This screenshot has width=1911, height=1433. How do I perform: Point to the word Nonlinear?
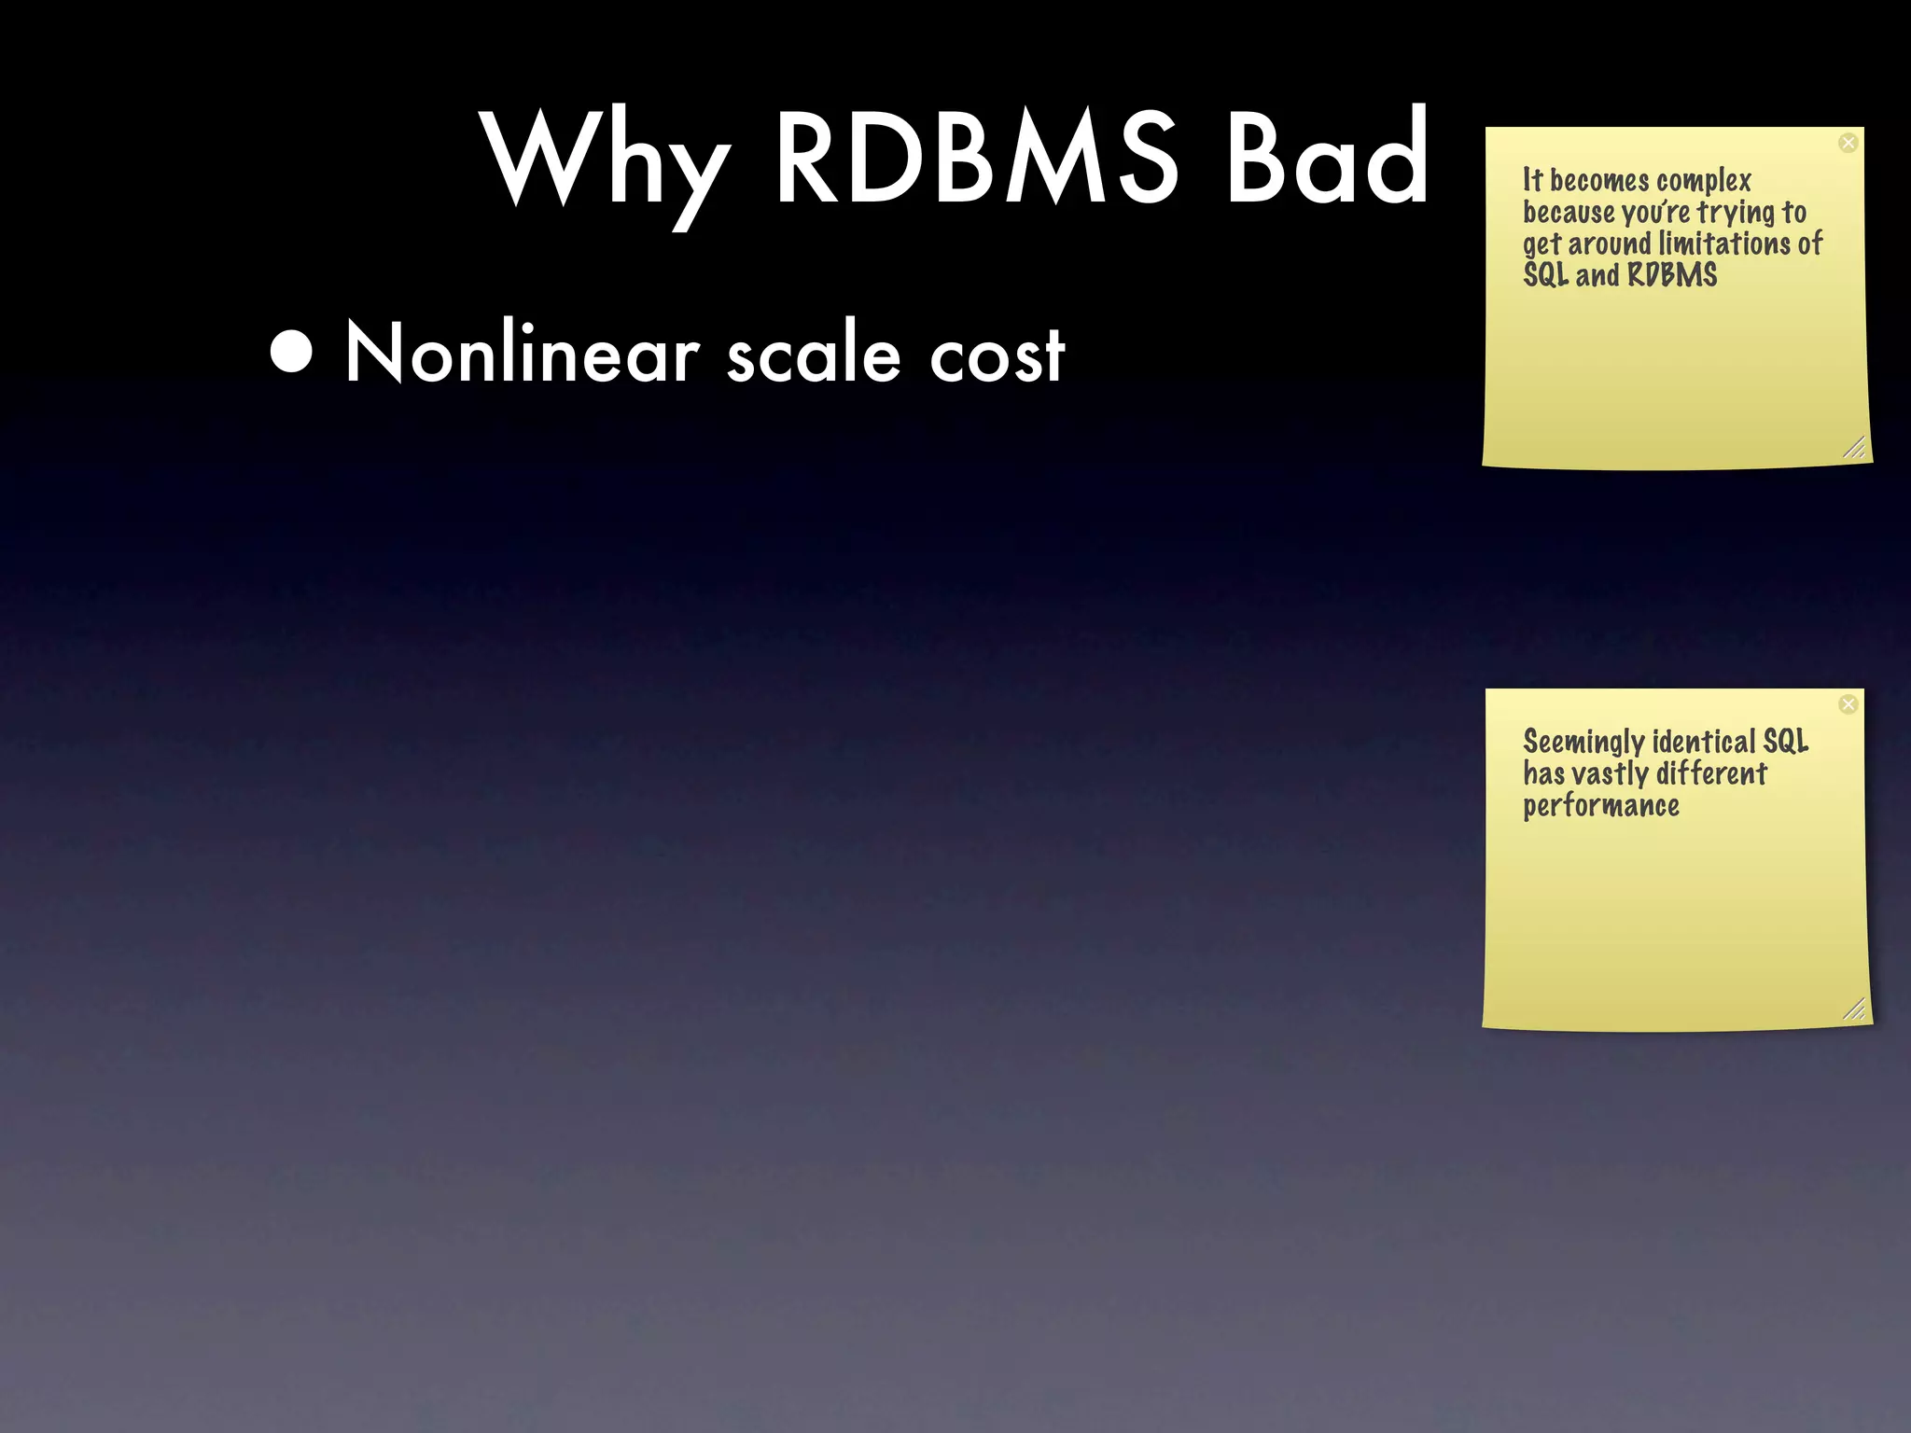(523, 354)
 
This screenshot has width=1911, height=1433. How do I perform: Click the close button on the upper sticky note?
(1848, 143)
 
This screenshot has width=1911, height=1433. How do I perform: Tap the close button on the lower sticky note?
(1848, 704)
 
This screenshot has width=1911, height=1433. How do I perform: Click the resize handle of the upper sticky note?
(1855, 448)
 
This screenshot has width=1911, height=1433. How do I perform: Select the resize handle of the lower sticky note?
(1855, 1009)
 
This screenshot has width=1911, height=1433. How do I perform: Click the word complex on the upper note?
(1704, 180)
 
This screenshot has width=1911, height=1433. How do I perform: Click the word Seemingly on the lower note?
(1583, 743)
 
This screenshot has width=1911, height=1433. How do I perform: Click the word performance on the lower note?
(1601, 806)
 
